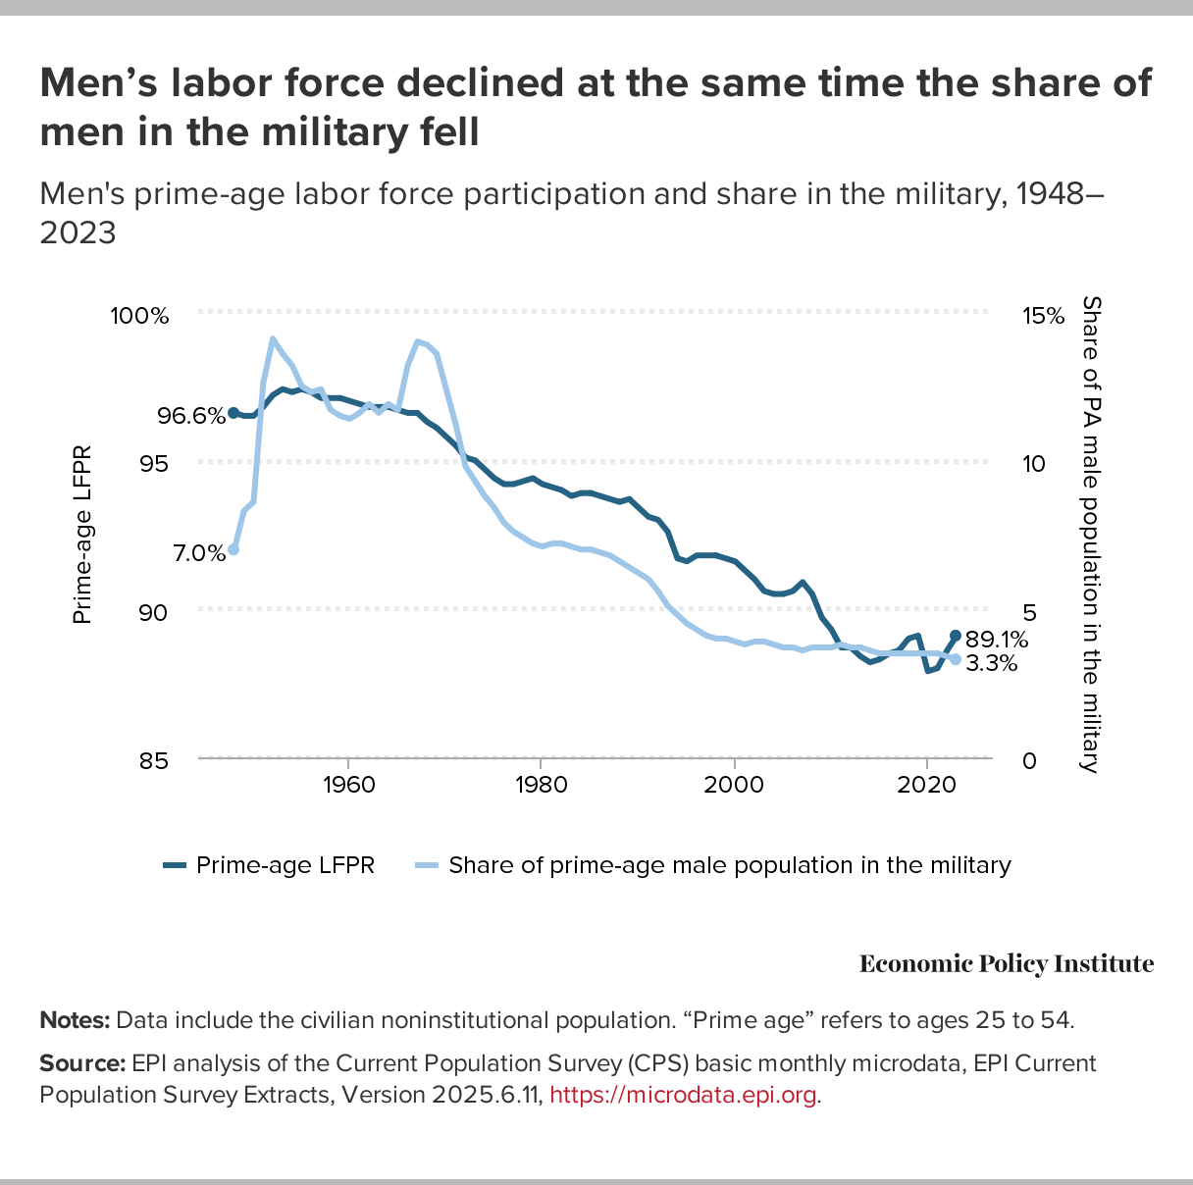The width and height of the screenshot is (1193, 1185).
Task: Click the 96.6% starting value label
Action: tap(192, 416)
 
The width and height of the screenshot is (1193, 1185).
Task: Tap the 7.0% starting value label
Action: tap(199, 553)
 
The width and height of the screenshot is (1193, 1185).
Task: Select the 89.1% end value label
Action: tap(995, 641)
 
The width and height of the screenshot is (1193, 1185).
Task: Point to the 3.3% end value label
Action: tap(990, 664)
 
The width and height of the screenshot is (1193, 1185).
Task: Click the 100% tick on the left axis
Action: tap(139, 316)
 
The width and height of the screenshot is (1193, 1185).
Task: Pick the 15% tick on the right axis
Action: tap(1043, 316)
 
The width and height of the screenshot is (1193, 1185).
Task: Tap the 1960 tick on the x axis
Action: tap(348, 785)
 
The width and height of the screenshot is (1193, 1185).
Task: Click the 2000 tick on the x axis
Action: tap(734, 785)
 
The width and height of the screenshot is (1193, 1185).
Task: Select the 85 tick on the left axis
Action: tap(153, 760)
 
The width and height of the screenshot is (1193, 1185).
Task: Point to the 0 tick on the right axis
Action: tap(1030, 760)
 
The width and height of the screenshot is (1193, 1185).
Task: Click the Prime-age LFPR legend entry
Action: tap(269, 865)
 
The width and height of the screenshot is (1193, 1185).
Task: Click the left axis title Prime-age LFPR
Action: tap(82, 535)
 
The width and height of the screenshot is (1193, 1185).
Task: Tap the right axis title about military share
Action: tap(1090, 535)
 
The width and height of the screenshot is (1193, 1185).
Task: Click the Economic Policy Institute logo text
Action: tap(1006, 964)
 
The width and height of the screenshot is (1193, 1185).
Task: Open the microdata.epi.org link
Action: tap(683, 1095)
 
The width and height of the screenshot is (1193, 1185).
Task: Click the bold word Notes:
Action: tap(75, 1020)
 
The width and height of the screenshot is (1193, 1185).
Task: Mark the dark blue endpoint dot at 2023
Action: tap(955, 636)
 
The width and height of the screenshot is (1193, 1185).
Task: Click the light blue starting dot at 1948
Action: tap(233, 549)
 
